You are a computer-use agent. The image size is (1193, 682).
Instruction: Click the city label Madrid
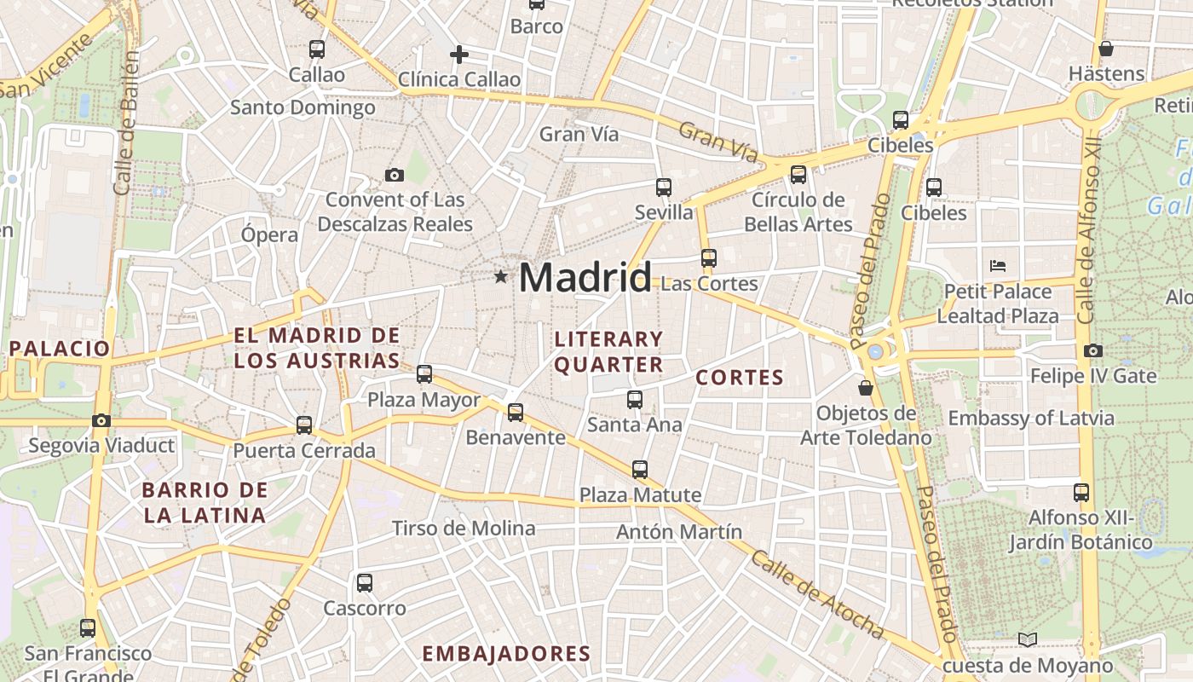(585, 278)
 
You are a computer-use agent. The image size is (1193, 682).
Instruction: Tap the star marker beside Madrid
(500, 276)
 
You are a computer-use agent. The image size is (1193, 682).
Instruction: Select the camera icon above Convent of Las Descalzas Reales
(394, 175)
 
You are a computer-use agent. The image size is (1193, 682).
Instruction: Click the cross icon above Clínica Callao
(459, 55)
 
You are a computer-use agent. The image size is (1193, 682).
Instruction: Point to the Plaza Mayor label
(424, 400)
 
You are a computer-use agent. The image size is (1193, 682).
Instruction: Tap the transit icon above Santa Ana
(634, 399)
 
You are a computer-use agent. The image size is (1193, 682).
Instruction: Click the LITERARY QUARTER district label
(608, 351)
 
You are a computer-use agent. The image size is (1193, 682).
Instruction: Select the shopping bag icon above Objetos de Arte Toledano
(866, 388)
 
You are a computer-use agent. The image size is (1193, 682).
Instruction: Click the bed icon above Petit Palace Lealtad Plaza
(998, 266)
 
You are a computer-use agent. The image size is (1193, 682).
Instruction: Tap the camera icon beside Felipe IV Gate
(1093, 350)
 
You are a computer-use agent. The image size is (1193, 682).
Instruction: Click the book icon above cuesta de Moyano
(1029, 639)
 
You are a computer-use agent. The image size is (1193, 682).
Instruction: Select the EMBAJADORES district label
(506, 654)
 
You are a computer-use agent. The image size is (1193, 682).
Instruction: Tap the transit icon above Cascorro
(365, 583)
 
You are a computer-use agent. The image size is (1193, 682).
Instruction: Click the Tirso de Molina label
(464, 529)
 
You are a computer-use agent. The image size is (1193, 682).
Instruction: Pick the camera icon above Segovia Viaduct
(101, 420)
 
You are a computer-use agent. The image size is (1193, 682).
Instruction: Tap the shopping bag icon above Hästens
(1106, 49)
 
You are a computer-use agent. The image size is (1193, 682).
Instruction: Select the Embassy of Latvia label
(1031, 419)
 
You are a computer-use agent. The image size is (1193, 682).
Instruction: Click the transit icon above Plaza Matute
(640, 469)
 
